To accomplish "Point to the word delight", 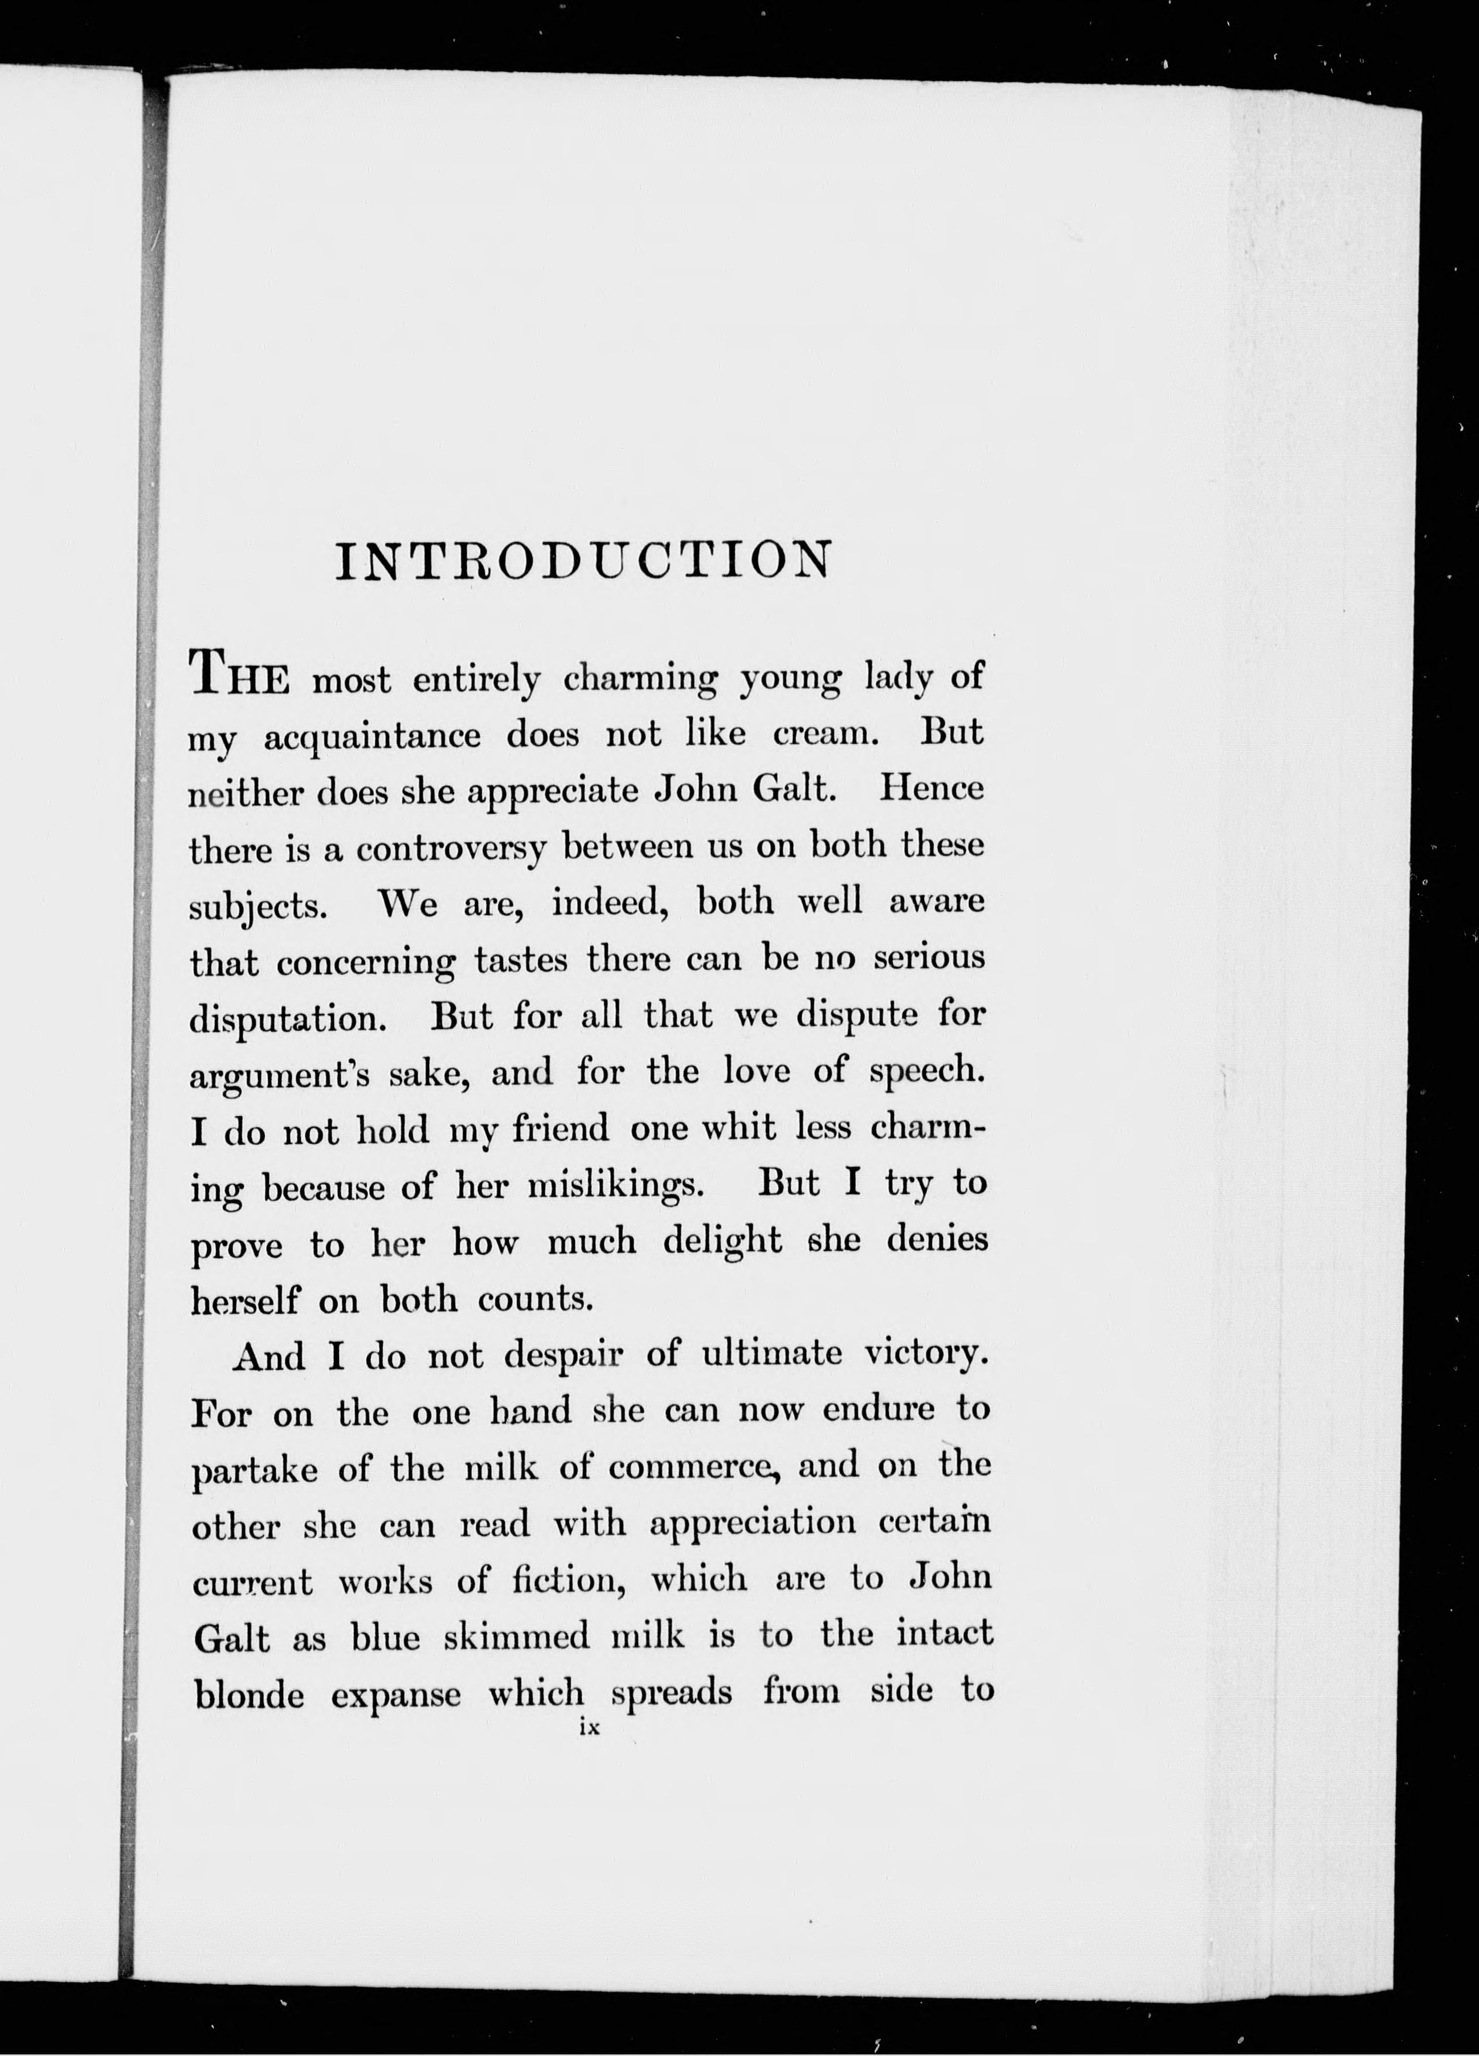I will coord(722,1240).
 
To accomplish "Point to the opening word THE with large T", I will coord(238,675).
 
